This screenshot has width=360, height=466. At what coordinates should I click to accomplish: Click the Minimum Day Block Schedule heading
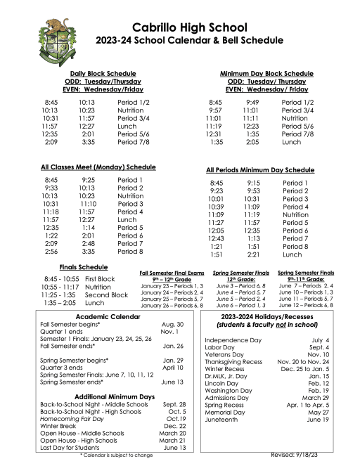(x=266, y=73)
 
